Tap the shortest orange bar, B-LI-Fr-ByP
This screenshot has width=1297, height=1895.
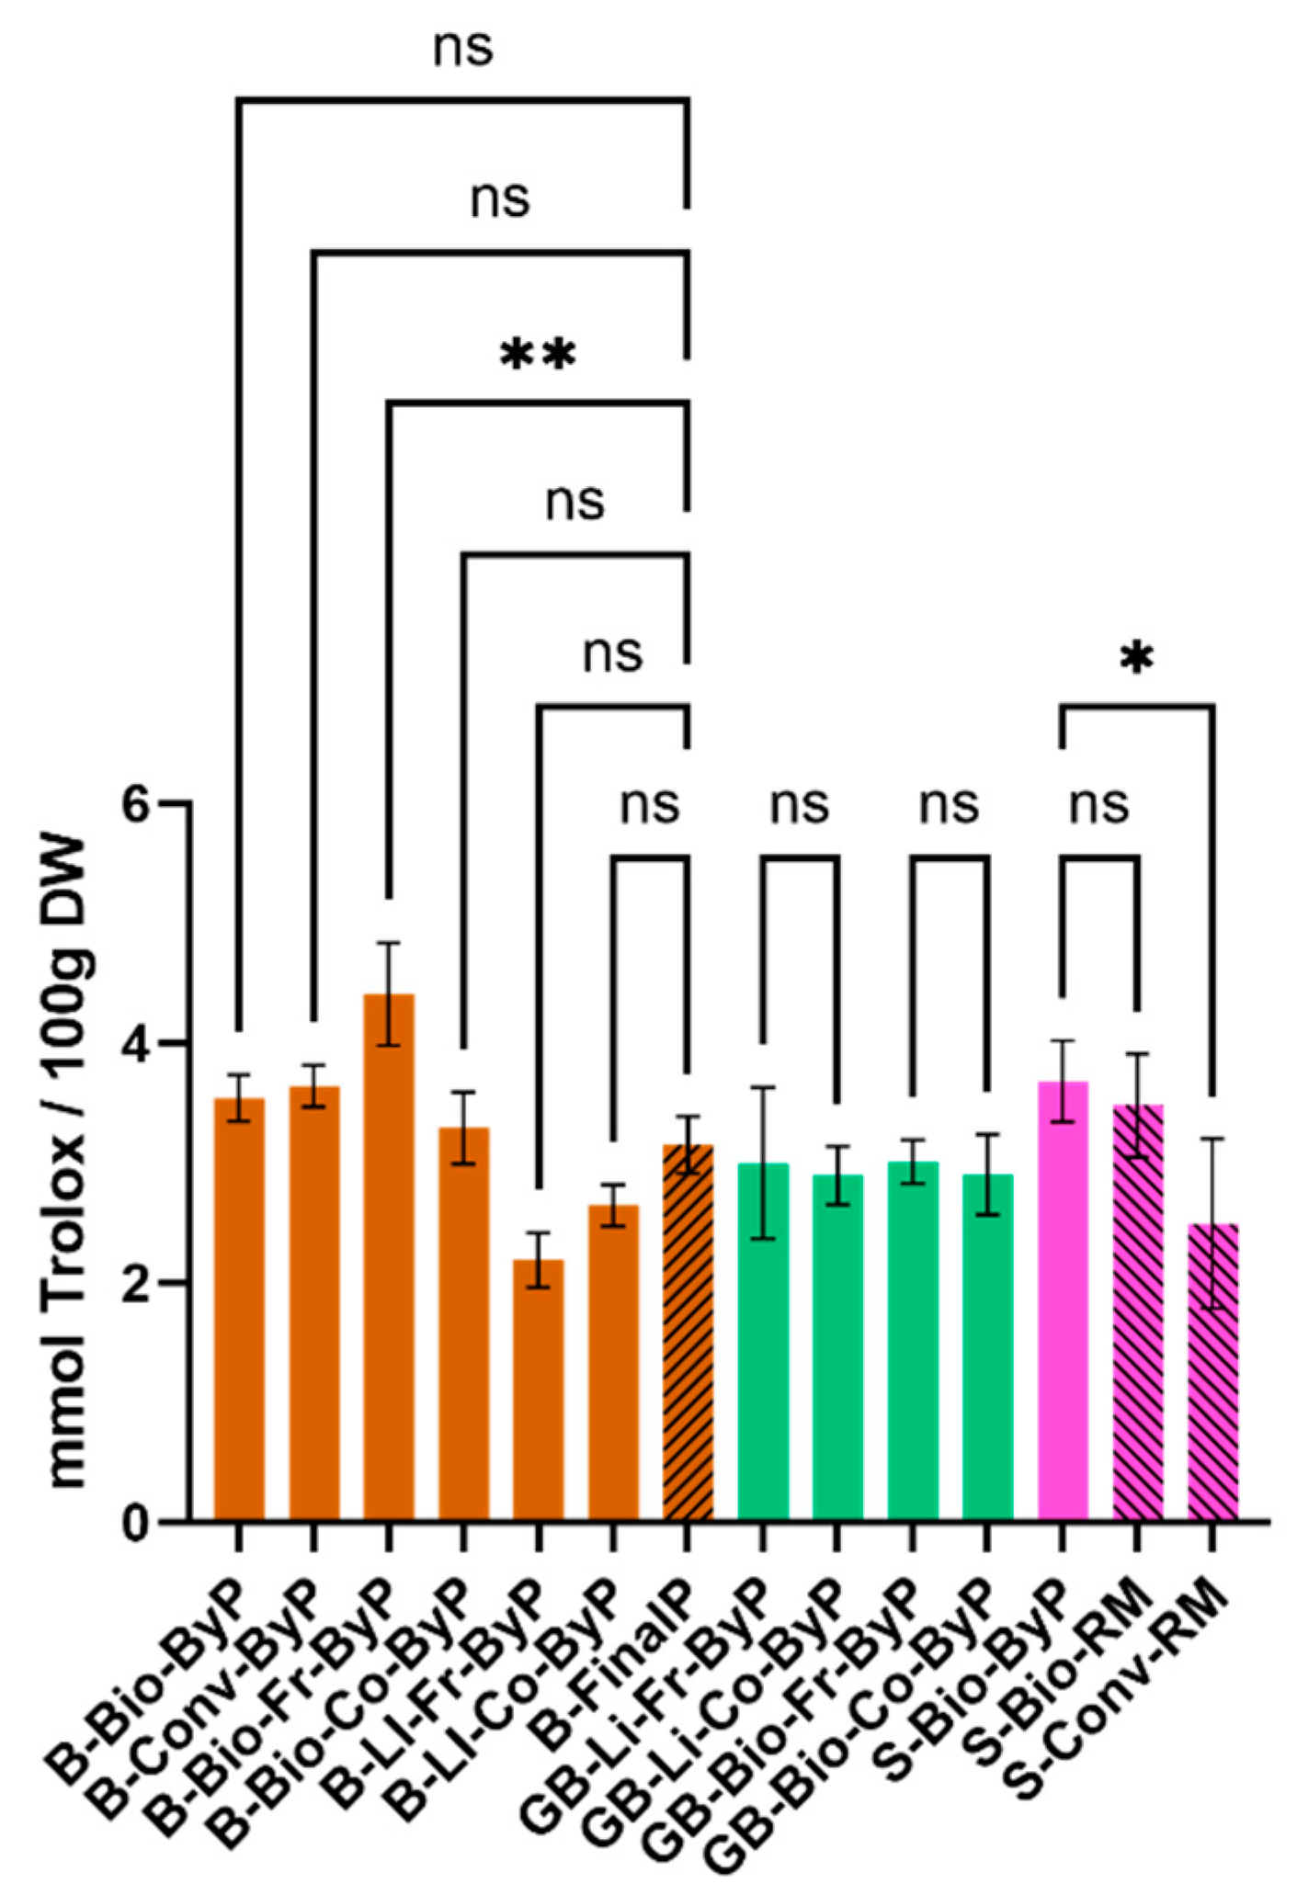point(538,1388)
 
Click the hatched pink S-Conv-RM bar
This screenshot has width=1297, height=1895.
point(1212,1369)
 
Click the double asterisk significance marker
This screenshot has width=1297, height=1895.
point(538,355)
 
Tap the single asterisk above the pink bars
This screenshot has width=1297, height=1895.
point(1137,658)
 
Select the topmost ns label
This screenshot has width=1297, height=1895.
point(463,48)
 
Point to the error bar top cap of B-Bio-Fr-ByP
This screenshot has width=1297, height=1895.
point(389,943)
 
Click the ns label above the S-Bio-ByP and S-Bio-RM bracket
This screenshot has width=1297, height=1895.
point(1099,804)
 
